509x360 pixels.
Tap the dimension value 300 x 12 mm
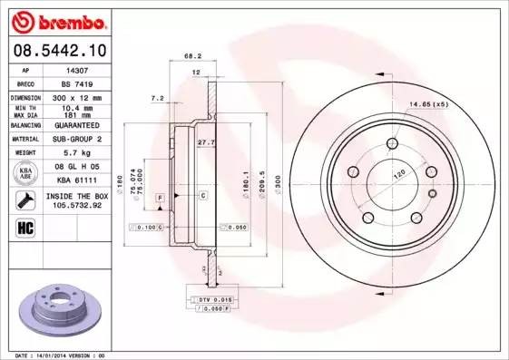click(x=77, y=97)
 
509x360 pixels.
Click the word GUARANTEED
click(x=77, y=125)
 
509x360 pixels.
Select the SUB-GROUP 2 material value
click(x=77, y=140)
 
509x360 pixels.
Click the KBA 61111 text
click(x=77, y=181)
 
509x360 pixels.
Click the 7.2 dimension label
click(x=157, y=97)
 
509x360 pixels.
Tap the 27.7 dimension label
click(x=205, y=142)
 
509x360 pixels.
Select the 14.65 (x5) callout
click(x=428, y=105)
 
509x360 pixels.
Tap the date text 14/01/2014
click(x=64, y=355)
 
